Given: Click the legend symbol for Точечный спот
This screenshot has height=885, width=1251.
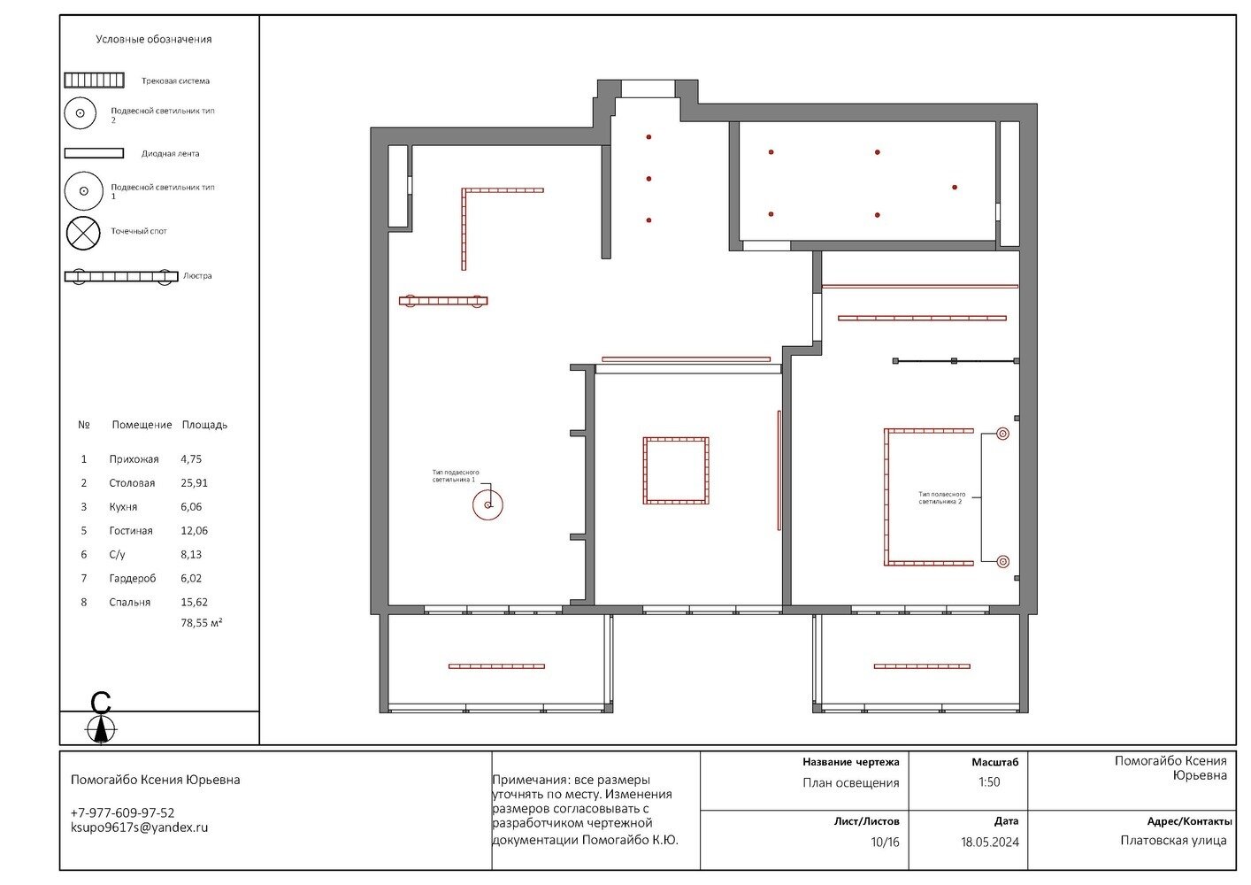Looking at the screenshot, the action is coord(83,233).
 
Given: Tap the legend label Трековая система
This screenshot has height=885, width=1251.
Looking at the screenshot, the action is coord(175,81).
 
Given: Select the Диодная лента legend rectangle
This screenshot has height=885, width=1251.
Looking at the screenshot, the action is coord(94,153).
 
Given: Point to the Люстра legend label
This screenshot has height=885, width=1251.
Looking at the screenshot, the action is coord(197,276).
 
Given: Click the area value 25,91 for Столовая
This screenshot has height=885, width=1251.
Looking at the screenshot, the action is coord(194,483).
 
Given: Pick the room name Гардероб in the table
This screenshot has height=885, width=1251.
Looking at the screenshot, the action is coord(133,579).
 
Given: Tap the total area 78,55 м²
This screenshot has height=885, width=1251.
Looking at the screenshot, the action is coord(201,623).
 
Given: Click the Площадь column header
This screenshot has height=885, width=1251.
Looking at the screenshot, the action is coord(204,425).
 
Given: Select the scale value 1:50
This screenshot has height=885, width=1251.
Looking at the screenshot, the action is coord(988,782).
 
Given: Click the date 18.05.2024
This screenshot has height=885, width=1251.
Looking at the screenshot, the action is coord(990,842).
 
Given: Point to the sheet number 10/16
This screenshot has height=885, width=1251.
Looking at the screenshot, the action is coord(886,842).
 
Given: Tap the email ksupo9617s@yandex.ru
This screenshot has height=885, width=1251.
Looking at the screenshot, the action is coord(139,828).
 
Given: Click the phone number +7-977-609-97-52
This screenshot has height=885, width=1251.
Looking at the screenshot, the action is coord(122,813).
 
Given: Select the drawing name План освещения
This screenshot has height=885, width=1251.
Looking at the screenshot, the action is coord(850,783).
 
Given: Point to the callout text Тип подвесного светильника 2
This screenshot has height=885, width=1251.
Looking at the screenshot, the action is coord(941,498).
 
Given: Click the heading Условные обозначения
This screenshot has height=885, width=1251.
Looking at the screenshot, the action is coord(154,40).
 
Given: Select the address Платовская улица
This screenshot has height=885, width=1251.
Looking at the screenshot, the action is coord(1173,841).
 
